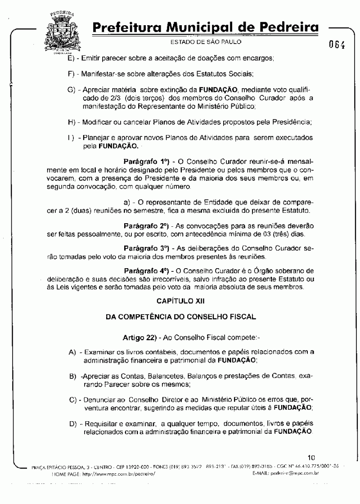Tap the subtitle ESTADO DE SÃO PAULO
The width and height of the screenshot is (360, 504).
[206, 42]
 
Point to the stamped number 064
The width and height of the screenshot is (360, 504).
[337, 44]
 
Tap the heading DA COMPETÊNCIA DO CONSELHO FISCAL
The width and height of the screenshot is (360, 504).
[180, 317]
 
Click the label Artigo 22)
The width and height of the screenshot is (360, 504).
[139, 337]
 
